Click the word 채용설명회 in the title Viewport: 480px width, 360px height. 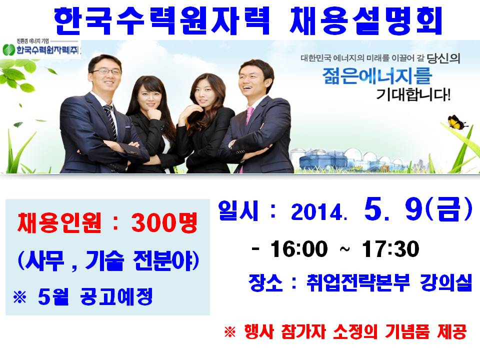tap(366, 19)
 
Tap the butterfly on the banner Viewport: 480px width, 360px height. tap(456, 121)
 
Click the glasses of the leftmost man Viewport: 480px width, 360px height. tap(106, 71)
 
